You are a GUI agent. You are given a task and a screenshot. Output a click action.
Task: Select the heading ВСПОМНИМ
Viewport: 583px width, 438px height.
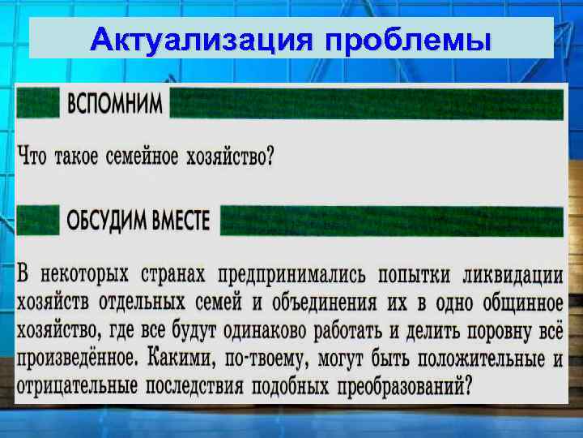point(114,104)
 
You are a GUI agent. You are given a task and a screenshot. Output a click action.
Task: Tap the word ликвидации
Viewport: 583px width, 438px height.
point(513,274)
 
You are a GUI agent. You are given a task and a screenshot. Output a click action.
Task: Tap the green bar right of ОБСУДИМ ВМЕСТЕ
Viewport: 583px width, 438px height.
point(391,220)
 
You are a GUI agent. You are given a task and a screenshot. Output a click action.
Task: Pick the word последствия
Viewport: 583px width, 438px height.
point(194,385)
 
